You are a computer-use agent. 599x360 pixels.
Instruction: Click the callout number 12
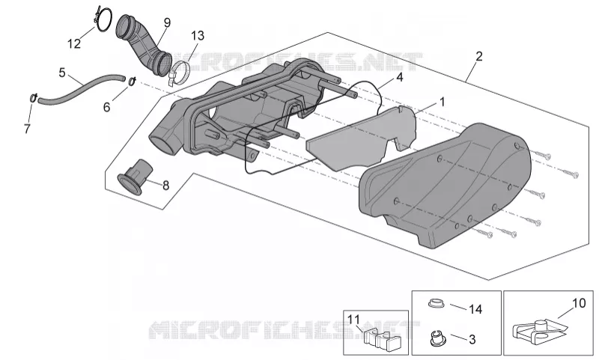pyautogui.click(x=74, y=43)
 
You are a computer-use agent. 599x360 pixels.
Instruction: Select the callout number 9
pyautogui.click(x=167, y=23)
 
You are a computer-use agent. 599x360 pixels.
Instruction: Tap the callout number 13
pyautogui.click(x=198, y=36)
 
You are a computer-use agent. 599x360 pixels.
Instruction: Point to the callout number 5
pyautogui.click(x=62, y=72)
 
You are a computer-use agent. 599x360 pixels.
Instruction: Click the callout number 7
pyautogui.click(x=27, y=129)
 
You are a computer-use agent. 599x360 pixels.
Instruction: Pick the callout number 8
pyautogui.click(x=165, y=186)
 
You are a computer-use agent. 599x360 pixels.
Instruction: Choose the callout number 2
pyautogui.click(x=479, y=56)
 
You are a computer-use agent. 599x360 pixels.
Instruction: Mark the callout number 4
pyautogui.click(x=400, y=78)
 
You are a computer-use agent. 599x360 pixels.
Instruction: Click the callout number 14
pyautogui.click(x=475, y=309)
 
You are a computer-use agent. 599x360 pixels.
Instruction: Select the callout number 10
pyautogui.click(x=579, y=303)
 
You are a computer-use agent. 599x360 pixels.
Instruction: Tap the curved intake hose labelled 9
pyautogui.click(x=144, y=45)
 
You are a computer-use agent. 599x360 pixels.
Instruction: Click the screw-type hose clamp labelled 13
pyautogui.click(x=179, y=73)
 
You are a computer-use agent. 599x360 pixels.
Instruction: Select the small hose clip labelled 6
pyautogui.click(x=133, y=81)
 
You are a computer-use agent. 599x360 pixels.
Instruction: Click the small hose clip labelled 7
pyautogui.click(x=33, y=98)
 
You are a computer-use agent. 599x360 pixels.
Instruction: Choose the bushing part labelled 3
pyautogui.click(x=435, y=338)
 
